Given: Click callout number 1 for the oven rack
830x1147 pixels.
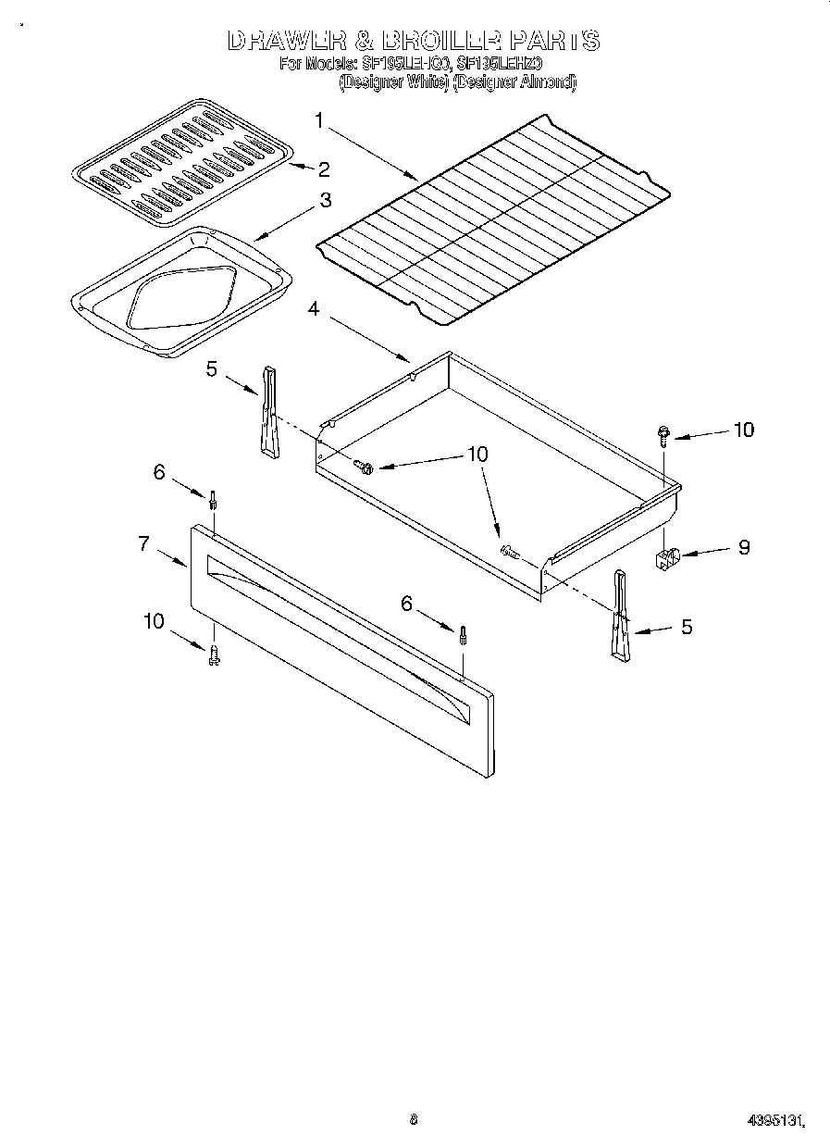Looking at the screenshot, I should [318, 120].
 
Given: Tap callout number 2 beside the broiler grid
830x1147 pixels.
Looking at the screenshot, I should [323, 168].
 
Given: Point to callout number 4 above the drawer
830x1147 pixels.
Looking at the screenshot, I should [314, 309].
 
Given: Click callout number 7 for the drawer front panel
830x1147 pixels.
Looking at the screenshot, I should [144, 543].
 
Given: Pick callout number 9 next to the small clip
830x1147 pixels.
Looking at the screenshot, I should [744, 547].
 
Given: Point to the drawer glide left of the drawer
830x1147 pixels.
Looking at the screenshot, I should [268, 412].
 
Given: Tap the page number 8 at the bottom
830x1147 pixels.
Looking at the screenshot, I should [414, 1119].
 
